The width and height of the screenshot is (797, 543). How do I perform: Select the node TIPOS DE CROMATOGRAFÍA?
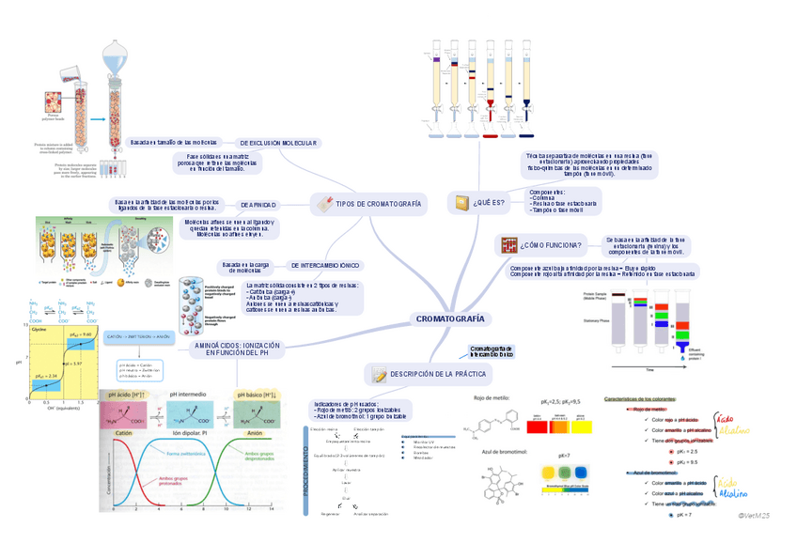point(378,204)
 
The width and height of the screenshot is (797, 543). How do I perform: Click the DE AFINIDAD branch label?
point(258,204)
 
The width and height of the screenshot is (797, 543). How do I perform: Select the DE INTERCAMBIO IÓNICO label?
point(324,266)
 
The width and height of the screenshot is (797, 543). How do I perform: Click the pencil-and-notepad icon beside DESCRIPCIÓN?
point(380,375)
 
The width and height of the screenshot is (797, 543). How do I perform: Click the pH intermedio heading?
point(188,395)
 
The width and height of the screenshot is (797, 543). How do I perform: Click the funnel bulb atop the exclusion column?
point(114,64)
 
